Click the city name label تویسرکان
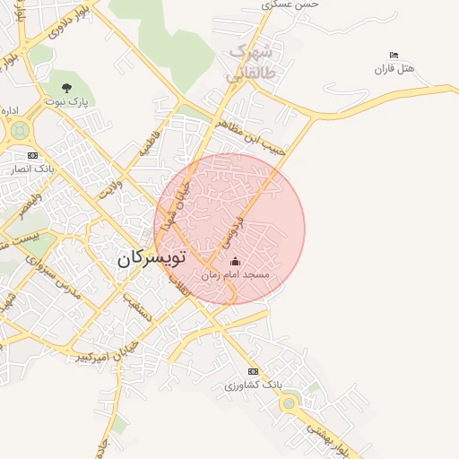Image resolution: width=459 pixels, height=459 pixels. [x=150, y=257]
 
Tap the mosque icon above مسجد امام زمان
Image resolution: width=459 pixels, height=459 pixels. [x=235, y=261]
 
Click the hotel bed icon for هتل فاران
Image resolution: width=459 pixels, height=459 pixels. [x=394, y=56]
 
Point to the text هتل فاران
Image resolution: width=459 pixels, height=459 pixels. [x=395, y=69]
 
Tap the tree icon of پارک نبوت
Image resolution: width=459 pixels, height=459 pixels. [x=66, y=88]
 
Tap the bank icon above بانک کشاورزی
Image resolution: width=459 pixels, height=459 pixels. [x=253, y=371]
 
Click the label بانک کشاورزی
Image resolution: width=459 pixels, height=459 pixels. [x=253, y=385]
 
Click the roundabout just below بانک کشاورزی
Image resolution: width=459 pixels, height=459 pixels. [x=289, y=403]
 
